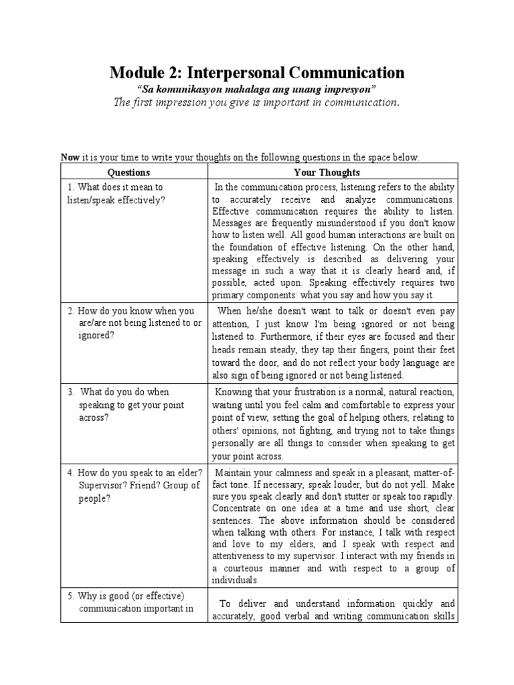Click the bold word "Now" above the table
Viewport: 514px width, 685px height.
pyautogui.click(x=70, y=157)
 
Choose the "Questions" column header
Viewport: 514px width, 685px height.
pyautogui.click(x=133, y=172)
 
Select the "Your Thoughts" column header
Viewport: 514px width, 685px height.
pyautogui.click(x=333, y=172)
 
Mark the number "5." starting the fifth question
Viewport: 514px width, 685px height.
pyautogui.click(x=71, y=595)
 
